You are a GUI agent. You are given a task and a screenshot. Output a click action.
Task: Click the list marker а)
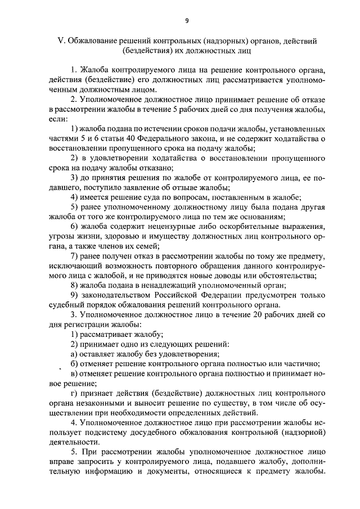click(74, 354)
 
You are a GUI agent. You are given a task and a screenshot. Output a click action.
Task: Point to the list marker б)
click(74, 364)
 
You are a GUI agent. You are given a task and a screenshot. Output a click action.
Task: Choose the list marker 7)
click(74, 256)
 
